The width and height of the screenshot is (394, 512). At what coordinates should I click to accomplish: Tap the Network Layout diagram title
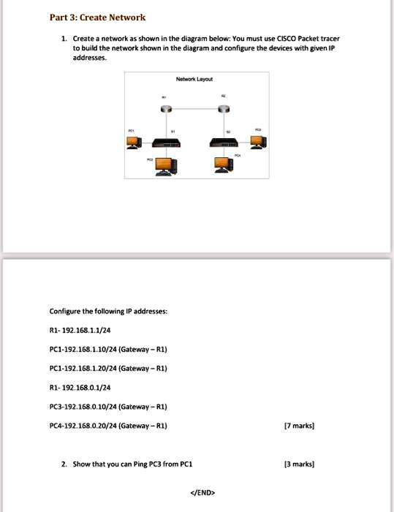(x=194, y=78)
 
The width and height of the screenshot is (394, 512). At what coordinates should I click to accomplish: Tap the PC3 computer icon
(x=257, y=140)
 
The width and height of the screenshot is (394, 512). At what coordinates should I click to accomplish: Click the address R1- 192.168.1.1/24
(x=80, y=330)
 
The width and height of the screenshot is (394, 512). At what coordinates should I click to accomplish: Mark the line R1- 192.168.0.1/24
(x=80, y=387)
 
